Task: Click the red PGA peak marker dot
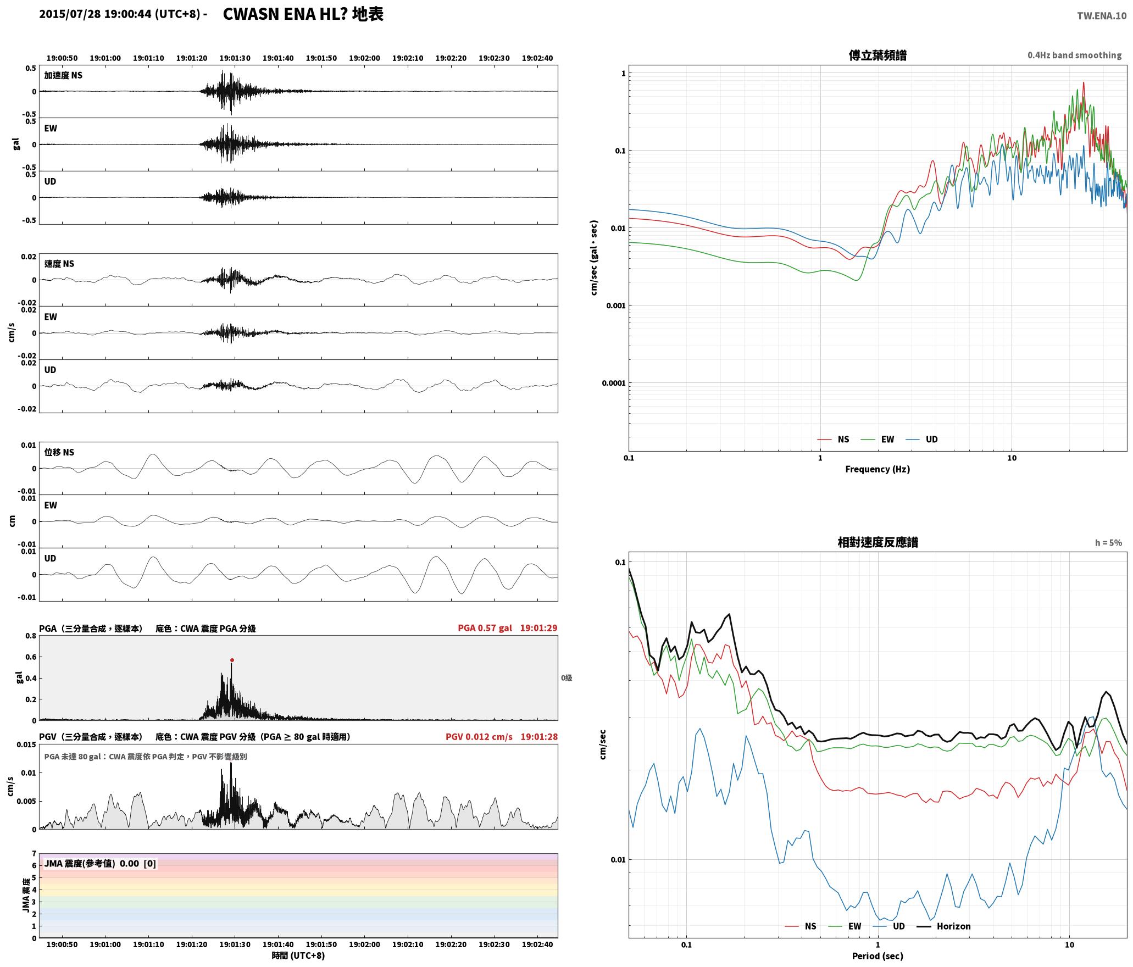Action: point(232,660)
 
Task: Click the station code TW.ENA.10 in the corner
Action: point(1101,16)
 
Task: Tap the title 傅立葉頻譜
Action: point(877,55)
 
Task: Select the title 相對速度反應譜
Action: point(877,542)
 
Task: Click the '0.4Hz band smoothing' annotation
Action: point(1074,55)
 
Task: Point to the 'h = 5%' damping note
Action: point(1108,543)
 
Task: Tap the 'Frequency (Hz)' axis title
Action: point(877,469)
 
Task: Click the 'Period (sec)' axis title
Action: point(877,956)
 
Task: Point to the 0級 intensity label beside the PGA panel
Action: point(566,678)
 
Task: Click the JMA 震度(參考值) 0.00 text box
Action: point(100,863)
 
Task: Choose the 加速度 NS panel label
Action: point(63,75)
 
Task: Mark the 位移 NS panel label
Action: point(59,452)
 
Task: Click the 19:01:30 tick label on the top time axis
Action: point(235,58)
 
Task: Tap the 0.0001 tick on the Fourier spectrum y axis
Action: point(613,383)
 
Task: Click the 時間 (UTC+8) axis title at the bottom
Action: point(298,955)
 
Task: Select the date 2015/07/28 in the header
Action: point(70,14)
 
